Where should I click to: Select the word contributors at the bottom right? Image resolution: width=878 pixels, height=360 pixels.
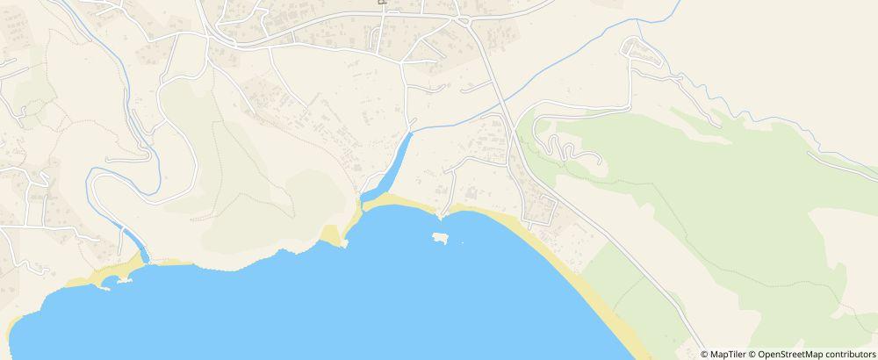click(847, 354)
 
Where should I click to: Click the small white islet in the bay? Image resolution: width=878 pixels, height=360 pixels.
click(440, 237)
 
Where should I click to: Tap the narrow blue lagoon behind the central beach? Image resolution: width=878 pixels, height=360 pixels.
click(396, 162)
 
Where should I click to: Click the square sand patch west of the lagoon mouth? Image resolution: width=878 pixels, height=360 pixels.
click(330, 234)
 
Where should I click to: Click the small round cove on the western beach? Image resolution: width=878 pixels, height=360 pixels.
click(110, 280)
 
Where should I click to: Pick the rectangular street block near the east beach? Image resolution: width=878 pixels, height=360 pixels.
click(539, 210)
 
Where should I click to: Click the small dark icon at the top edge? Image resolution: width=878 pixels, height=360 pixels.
click(383, 3)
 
